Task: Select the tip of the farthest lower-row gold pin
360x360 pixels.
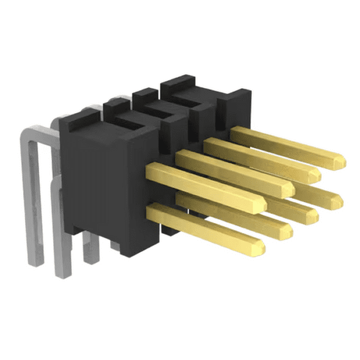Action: click(338, 199)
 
